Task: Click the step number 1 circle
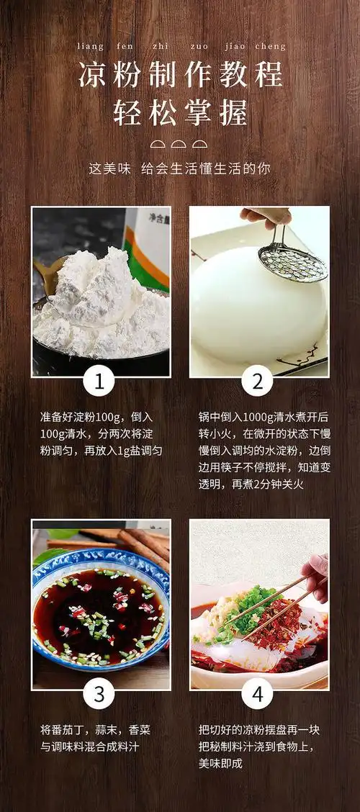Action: [100, 382]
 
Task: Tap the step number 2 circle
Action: [257, 382]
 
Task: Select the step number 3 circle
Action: [100, 695]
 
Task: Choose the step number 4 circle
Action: [257, 695]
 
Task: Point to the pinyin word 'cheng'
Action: [270, 47]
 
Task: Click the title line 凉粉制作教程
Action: [180, 75]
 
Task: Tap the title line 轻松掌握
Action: [180, 113]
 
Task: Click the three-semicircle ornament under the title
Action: [180, 144]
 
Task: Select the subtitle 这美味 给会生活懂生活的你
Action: [180, 168]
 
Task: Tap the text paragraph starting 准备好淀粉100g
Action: [101, 434]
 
